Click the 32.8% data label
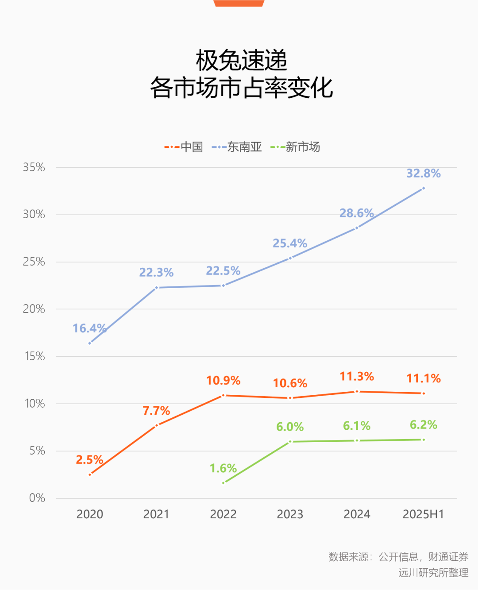click(x=424, y=174)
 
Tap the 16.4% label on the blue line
click(x=89, y=328)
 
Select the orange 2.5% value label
click(x=89, y=460)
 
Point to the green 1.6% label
click(x=223, y=468)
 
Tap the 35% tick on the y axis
click(x=34, y=167)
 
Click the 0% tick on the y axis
click(x=37, y=498)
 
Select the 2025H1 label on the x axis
click(x=423, y=514)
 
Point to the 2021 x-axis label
click(x=156, y=514)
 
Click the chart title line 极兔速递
click(x=242, y=61)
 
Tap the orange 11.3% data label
click(x=357, y=377)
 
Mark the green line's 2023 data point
click(x=290, y=442)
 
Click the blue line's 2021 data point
click(x=156, y=288)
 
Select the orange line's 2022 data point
click(x=224, y=395)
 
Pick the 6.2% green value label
click(x=424, y=425)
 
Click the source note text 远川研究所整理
click(x=433, y=573)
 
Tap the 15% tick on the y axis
click(x=34, y=356)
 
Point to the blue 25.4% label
click(x=290, y=243)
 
